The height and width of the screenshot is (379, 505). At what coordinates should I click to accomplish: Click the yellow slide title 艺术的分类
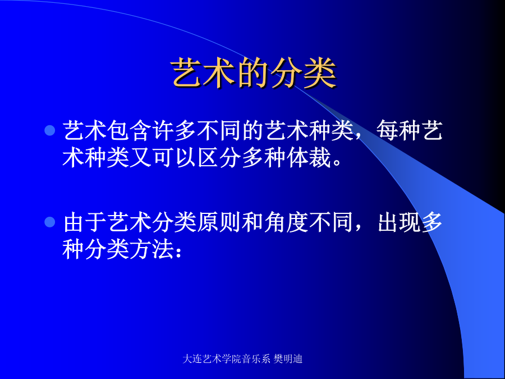pos(254,74)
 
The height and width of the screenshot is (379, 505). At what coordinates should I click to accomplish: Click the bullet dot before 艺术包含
pos(50,130)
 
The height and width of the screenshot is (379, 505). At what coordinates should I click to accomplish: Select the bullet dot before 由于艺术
pos(50,222)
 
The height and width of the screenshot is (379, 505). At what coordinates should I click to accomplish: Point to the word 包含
pos(130,131)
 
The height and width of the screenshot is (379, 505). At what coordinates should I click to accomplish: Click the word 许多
pos(175,131)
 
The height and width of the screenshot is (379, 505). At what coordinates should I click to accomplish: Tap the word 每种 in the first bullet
pos(398,131)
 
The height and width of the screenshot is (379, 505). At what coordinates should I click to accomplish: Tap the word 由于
pos(85,222)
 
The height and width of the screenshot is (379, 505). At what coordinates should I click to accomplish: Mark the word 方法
pos(152,249)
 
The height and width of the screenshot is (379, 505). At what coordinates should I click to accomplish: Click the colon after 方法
pos(178,252)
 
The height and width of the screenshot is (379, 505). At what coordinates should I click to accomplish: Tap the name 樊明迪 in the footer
pos(288,359)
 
